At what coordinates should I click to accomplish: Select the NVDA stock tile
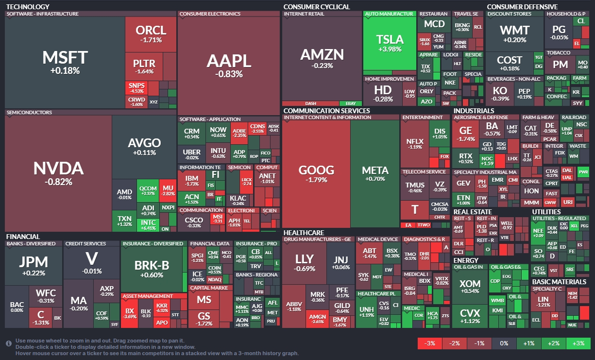tap(58, 173)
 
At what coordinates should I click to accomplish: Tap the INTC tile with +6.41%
tap(149, 224)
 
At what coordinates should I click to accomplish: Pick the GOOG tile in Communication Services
tap(316, 174)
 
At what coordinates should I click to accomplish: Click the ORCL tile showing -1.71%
tap(151, 34)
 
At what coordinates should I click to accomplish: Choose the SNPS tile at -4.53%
tap(136, 88)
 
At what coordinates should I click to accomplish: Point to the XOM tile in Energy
tap(470, 287)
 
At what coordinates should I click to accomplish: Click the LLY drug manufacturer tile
tap(305, 262)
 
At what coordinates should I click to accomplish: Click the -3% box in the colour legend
tap(430, 343)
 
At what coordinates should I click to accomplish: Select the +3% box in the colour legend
tap(578, 343)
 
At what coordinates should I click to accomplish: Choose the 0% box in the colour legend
tap(504, 343)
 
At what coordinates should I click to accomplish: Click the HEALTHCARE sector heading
tap(304, 233)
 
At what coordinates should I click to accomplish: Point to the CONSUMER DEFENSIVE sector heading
tap(522, 7)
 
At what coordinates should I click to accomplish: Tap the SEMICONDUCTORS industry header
tap(29, 113)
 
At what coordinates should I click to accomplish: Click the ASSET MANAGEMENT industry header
tap(148, 296)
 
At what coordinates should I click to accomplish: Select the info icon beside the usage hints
tap(9, 343)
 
